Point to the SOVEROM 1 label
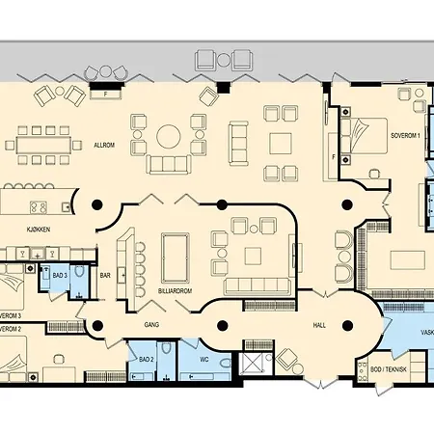(x=405, y=136)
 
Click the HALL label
(x=319, y=326)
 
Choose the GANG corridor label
(x=151, y=325)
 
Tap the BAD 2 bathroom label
(x=146, y=360)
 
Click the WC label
(x=204, y=361)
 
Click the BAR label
(x=106, y=277)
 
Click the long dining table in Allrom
(x=42, y=145)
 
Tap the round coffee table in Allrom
(x=171, y=136)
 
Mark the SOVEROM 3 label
(x=11, y=315)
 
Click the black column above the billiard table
(x=221, y=203)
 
